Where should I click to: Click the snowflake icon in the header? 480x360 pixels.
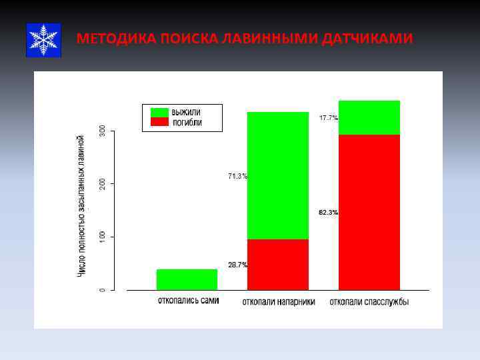[x=43, y=40]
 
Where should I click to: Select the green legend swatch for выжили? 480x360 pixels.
[x=160, y=112]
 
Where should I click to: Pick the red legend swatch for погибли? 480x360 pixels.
[x=160, y=122]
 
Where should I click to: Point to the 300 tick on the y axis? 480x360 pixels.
[x=102, y=131]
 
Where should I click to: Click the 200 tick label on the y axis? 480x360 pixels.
[x=102, y=183]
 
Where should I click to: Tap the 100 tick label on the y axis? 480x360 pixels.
[x=102, y=237]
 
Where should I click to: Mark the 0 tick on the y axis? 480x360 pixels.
[x=102, y=290]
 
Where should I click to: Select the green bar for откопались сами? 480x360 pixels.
[x=187, y=279]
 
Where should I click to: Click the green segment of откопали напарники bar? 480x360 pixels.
[x=278, y=175]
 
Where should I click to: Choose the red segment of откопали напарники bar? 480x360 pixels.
[x=278, y=265]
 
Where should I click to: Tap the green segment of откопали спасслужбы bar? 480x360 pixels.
[x=369, y=117]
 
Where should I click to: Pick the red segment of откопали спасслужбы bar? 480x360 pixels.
[x=369, y=212]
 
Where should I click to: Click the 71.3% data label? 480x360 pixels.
[x=237, y=177]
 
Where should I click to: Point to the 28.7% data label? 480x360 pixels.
[x=237, y=265]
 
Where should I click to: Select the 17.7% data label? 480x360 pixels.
[x=328, y=118]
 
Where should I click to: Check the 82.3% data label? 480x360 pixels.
[x=328, y=213]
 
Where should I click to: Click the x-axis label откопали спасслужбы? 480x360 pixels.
[x=369, y=302]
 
